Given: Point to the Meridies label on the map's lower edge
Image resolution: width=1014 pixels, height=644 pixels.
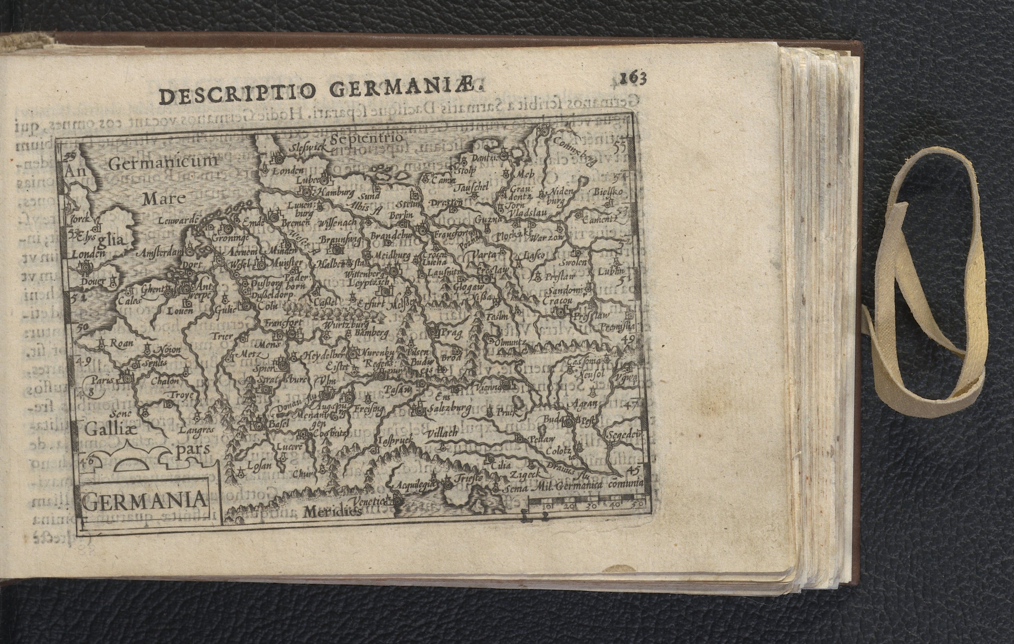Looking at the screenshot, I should [332, 511].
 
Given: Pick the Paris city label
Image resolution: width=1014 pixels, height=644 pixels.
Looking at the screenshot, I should [103, 380].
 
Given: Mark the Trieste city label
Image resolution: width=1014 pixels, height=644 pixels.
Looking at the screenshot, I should [467, 479].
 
